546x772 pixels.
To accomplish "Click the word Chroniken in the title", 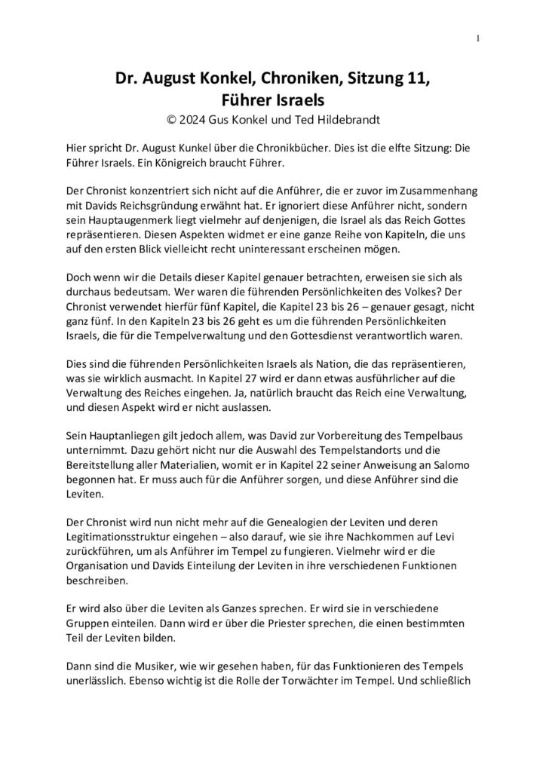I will coord(283,78).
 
